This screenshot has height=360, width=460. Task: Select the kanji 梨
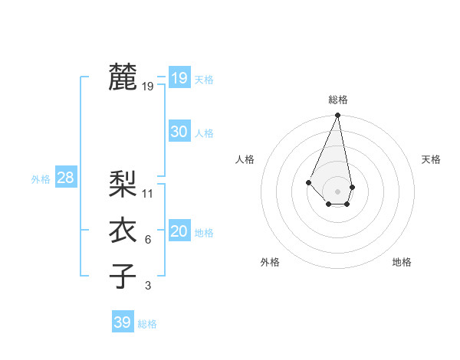[123, 184]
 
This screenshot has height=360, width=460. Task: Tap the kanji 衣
[123, 230]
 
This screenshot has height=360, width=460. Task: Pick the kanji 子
[123, 276]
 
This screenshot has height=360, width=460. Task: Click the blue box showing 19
[179, 78]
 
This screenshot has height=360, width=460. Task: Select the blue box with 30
[179, 132]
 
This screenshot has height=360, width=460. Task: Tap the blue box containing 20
[179, 231]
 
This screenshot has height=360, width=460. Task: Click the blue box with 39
[122, 322]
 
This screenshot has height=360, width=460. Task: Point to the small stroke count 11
[148, 194]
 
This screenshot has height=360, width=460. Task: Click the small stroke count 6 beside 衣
[148, 240]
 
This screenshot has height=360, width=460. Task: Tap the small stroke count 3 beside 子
[148, 286]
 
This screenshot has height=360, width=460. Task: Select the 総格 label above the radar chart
[338, 100]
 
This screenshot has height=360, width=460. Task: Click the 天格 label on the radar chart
[432, 159]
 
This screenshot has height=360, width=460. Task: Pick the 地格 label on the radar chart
[402, 262]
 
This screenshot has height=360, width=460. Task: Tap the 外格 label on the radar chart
[270, 262]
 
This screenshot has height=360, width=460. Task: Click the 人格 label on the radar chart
[245, 159]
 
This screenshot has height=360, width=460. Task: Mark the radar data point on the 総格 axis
[338, 116]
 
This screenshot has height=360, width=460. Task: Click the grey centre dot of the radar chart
[338, 191]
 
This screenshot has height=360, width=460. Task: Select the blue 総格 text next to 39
[147, 324]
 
